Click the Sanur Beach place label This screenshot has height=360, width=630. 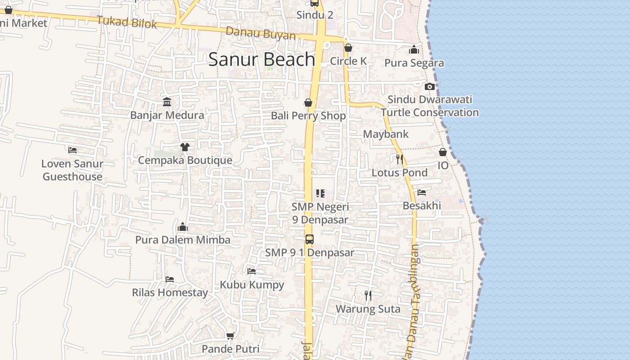(x=261, y=59)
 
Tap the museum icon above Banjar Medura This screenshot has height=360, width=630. (x=167, y=102)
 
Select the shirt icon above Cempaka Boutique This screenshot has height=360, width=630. (x=184, y=147)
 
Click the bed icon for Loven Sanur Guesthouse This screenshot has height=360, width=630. (x=72, y=150)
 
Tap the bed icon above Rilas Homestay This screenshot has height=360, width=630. (x=170, y=279)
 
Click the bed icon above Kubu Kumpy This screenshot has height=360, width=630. (x=252, y=271)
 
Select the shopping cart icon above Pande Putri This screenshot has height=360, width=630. (x=230, y=336)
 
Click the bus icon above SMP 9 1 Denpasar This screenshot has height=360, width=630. (x=309, y=239)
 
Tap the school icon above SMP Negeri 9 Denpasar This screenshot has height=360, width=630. (x=320, y=193)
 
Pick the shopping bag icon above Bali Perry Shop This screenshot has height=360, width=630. (x=308, y=103)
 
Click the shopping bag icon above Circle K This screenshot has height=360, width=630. (x=348, y=48)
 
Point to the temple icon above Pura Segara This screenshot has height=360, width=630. (x=414, y=49)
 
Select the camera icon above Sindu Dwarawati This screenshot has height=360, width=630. (x=430, y=86)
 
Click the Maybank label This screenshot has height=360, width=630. (x=386, y=134)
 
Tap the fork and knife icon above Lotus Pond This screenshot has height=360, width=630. (x=399, y=159)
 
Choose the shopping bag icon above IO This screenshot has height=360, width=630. (x=443, y=152)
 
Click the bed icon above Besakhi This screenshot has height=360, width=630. (x=422, y=193)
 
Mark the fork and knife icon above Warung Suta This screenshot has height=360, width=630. (x=368, y=296)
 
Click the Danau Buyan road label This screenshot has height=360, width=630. (x=261, y=34)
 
